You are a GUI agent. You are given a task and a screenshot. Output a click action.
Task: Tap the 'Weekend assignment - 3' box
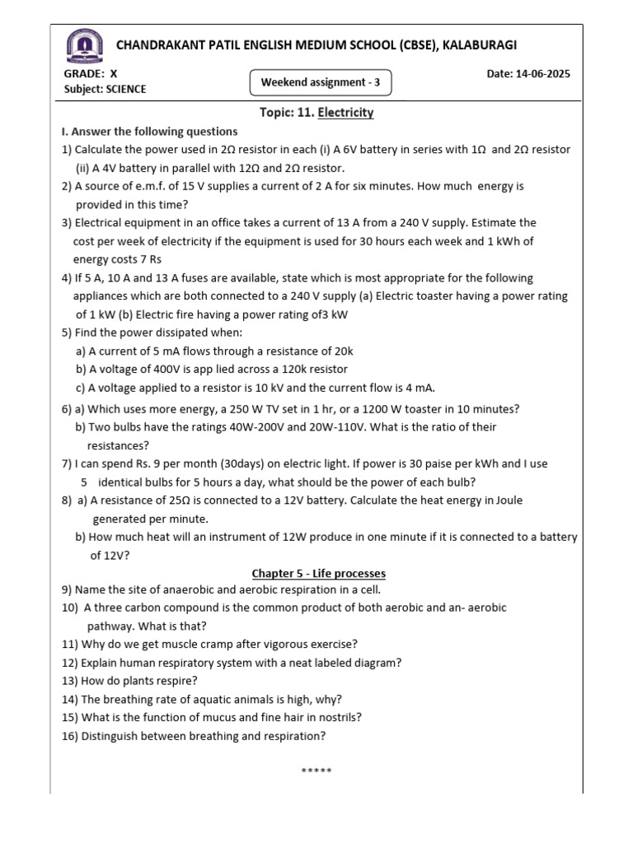click(x=320, y=82)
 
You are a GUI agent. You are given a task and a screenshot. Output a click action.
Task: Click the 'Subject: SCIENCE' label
click(x=105, y=89)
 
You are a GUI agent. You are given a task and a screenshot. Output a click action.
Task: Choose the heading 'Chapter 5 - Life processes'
click(x=318, y=573)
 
